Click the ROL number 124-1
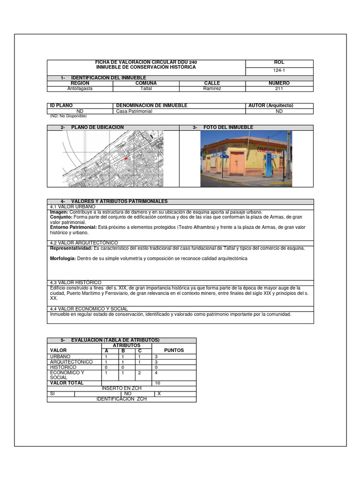point(279,70)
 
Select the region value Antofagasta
point(80,88)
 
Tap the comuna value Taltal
point(146,88)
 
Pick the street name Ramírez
point(212,88)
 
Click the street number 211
point(279,88)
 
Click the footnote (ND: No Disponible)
point(68,116)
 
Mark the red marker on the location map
point(126,159)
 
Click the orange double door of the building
point(237,164)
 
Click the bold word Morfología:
point(64,259)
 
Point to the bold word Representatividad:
point(71,248)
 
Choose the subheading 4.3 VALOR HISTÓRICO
point(75,283)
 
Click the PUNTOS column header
point(174,350)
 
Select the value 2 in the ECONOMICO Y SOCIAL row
point(139,373)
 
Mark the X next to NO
point(159,394)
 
